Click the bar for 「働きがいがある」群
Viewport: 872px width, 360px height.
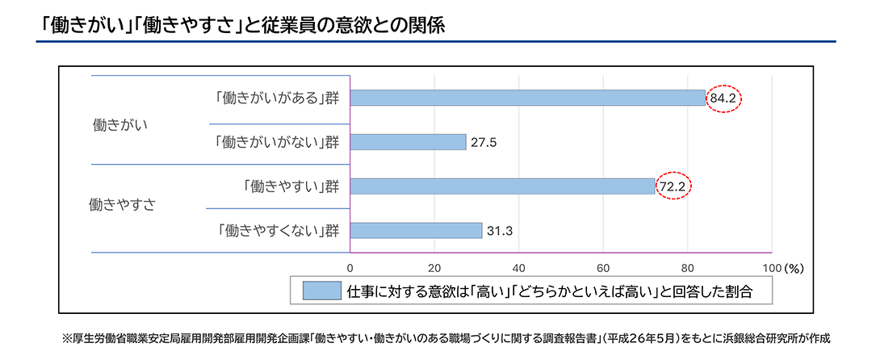tap(528, 98)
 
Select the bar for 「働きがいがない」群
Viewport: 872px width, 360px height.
tap(408, 142)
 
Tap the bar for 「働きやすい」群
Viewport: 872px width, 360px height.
tap(502, 186)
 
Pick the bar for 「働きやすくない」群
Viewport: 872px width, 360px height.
tap(416, 230)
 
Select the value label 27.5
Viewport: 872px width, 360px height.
tap(484, 142)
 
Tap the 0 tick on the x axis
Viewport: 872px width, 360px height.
tap(350, 267)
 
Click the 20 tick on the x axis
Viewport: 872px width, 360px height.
tap(434, 267)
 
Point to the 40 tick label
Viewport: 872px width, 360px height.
tap(519, 267)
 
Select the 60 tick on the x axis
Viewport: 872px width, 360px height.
tap(603, 267)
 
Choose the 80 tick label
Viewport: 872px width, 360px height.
tap(688, 267)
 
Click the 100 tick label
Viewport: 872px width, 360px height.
tap(770, 267)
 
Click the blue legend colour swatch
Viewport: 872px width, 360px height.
tap(321, 291)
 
